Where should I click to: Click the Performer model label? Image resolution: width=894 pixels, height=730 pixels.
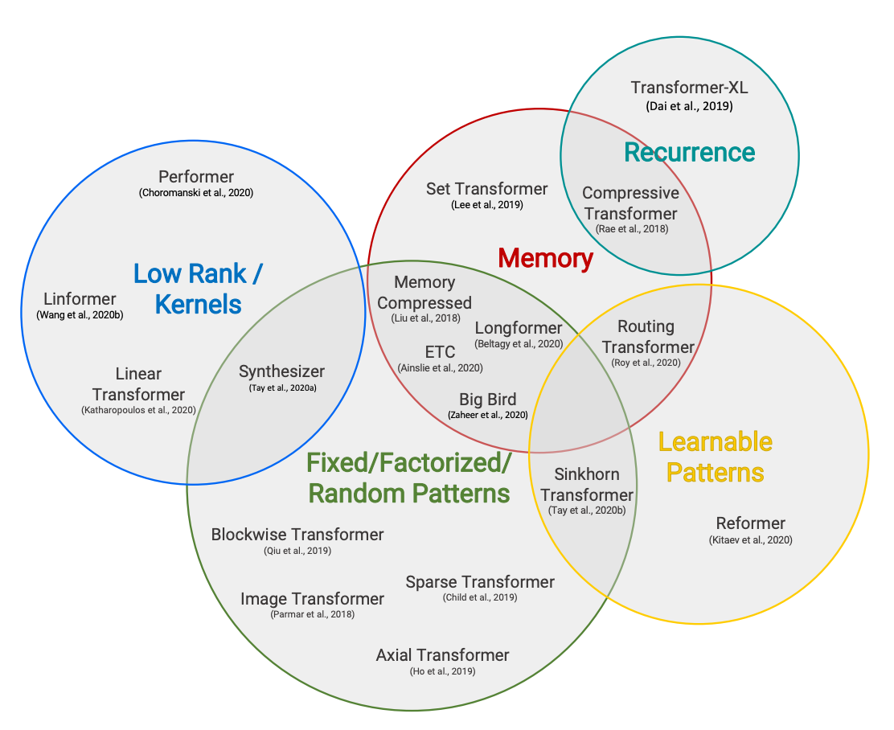tap(196, 177)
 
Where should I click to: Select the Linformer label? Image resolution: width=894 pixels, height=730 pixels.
tap(80, 299)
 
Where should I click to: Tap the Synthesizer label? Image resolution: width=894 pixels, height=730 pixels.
tap(281, 371)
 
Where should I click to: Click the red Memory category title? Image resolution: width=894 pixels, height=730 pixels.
tap(545, 258)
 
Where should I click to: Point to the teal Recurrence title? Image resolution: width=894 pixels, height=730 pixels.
tap(689, 152)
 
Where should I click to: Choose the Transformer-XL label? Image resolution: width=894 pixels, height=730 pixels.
tap(689, 88)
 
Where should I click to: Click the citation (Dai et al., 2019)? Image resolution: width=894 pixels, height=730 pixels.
tap(689, 106)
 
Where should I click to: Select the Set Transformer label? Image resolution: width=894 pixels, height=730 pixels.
tap(486, 189)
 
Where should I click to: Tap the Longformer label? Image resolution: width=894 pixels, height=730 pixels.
tap(519, 328)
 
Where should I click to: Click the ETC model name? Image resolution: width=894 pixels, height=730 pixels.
tap(440, 352)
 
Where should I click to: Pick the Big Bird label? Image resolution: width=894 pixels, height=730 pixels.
tap(487, 400)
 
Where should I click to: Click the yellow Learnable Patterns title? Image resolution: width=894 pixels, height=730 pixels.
tap(715, 456)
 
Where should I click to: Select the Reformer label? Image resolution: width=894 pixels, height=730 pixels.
tap(750, 523)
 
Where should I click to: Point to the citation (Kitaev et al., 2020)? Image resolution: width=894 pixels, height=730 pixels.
tap(750, 540)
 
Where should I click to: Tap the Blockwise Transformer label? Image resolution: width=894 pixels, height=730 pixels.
tap(297, 535)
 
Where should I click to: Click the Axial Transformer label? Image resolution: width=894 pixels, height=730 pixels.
tap(442, 655)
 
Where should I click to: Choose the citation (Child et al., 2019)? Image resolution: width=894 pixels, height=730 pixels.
tap(480, 597)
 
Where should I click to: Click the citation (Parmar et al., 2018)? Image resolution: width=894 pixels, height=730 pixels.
tap(313, 614)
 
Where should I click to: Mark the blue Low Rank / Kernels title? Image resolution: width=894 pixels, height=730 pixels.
tap(198, 289)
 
